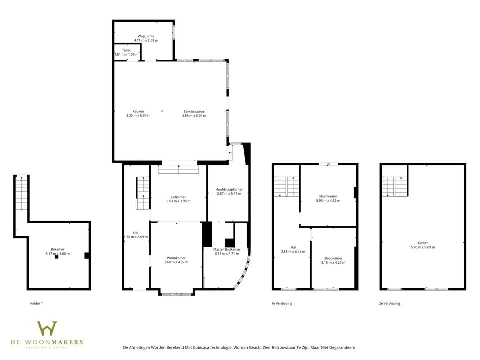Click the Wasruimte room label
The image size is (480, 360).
[x=146, y=36]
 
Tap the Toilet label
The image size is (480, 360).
[x=126, y=50]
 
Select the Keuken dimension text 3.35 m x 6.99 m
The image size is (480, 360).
[x=138, y=115]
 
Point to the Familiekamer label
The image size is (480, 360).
[x=194, y=112]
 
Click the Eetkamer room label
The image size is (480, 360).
[x=178, y=197]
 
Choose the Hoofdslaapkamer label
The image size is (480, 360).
[x=229, y=190]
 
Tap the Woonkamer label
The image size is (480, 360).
[x=176, y=258]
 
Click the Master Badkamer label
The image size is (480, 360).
[x=227, y=249]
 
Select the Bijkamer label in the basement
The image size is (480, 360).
[x=57, y=249]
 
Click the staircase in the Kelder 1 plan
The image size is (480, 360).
[x=21, y=194]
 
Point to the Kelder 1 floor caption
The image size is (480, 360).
[x=36, y=303]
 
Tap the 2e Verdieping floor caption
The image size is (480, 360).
[x=389, y=303]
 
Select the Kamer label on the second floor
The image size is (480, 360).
[x=422, y=243]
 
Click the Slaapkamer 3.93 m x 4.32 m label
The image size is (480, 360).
[x=328, y=196]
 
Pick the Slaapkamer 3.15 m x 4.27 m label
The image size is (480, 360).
[x=333, y=258]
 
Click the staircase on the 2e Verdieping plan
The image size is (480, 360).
[x=394, y=187]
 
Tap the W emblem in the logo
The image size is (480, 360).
[x=47, y=330]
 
